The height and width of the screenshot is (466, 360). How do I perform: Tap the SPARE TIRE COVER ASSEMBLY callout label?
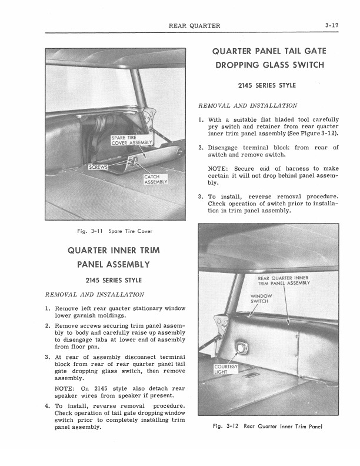pos(132,140)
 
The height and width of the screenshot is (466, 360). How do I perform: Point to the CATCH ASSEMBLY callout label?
pos(156,179)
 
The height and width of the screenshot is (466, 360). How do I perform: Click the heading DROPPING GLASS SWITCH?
pos(268,65)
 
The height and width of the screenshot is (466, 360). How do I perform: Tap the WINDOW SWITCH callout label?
pos(261,298)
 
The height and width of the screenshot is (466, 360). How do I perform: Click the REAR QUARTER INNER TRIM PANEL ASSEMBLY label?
pos(284,280)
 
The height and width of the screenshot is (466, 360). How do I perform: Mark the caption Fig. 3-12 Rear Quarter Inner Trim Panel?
pos(268,427)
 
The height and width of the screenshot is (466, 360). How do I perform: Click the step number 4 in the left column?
pos(47,406)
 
